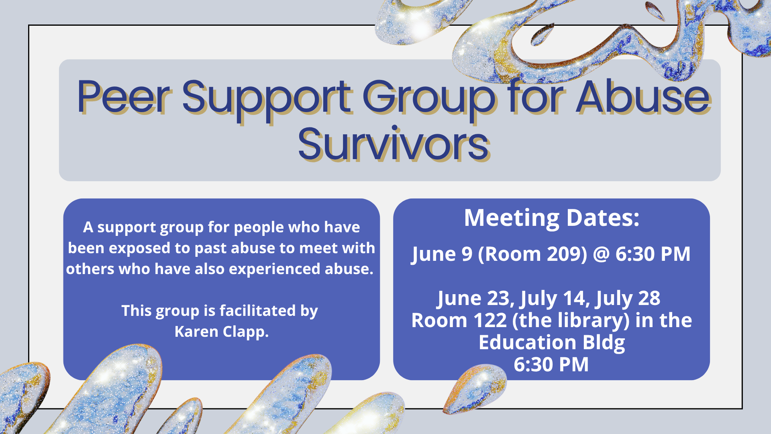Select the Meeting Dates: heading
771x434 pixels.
pyautogui.click(x=551, y=218)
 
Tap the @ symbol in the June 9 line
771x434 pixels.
pyautogui.click(x=601, y=254)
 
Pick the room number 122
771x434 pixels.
pyautogui.click(x=490, y=320)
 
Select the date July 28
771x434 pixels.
pyautogui.click(x=628, y=298)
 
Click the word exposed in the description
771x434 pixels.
pyautogui.click(x=139, y=248)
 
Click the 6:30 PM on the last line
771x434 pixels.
pyautogui.click(x=551, y=364)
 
